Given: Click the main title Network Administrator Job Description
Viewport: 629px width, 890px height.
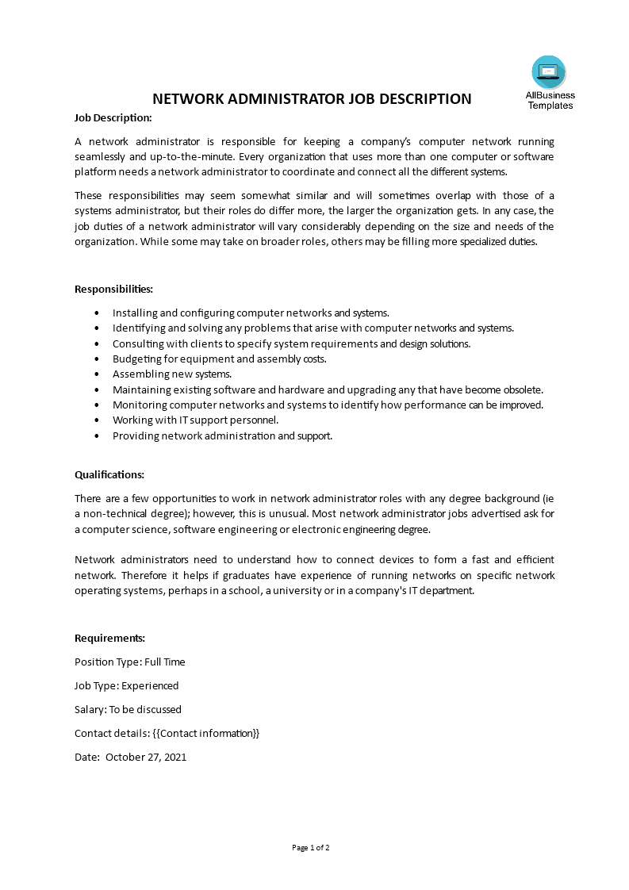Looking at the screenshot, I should tap(311, 98).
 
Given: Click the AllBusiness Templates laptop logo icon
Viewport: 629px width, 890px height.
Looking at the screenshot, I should tap(549, 72).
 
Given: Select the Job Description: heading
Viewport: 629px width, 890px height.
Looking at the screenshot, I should tap(113, 117).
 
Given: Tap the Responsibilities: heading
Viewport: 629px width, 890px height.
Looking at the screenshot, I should tap(113, 289).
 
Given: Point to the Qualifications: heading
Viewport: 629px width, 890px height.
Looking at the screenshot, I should tap(109, 474).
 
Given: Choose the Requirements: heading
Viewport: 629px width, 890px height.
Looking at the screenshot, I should tap(109, 638).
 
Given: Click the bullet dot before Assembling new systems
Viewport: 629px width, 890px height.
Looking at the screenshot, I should tap(97, 374).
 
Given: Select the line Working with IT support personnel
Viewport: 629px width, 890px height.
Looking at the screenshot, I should tap(195, 420).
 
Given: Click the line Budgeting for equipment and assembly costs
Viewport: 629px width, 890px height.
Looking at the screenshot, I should tap(219, 359).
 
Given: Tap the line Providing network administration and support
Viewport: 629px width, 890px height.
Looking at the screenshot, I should tap(222, 435).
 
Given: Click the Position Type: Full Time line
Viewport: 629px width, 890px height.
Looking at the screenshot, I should tap(129, 662).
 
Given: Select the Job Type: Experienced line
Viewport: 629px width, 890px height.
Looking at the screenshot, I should tap(126, 685).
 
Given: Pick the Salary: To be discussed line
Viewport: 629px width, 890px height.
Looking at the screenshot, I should tap(128, 709).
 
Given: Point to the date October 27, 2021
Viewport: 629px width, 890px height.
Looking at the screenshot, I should tap(146, 757).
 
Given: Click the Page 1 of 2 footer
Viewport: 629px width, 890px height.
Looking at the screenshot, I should tap(311, 847).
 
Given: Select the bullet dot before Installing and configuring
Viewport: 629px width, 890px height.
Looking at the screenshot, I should tap(97, 313).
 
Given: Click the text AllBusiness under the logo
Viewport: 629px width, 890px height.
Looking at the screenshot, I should tap(550, 95).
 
